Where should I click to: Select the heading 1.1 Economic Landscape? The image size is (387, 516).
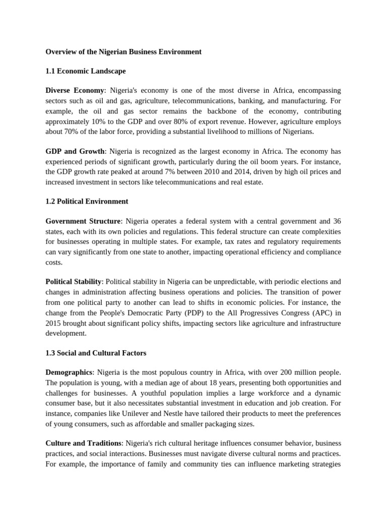[x=85, y=71]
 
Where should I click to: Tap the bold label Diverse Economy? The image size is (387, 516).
[x=75, y=90]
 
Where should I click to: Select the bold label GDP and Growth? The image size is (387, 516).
[x=75, y=151]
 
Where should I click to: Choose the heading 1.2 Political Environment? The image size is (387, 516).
[x=87, y=201]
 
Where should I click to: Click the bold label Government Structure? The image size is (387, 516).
[x=83, y=221]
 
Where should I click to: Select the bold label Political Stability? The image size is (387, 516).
[x=74, y=281]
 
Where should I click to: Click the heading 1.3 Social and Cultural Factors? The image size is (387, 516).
[x=96, y=353]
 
